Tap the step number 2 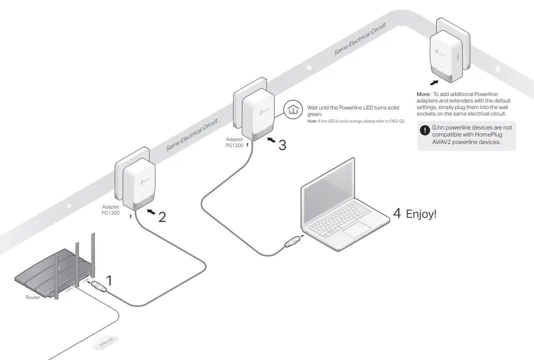pyautogui.click(x=162, y=217)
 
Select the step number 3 pyautogui.click(x=282, y=145)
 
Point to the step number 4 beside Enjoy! pyautogui.click(x=397, y=213)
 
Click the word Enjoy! pyautogui.click(x=421, y=214)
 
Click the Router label pyautogui.click(x=32, y=297)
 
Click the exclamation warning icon pyautogui.click(x=425, y=131)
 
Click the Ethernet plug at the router pyautogui.click(x=97, y=286)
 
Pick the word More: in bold pyautogui.click(x=424, y=94)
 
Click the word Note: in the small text pyautogui.click(x=312, y=121)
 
